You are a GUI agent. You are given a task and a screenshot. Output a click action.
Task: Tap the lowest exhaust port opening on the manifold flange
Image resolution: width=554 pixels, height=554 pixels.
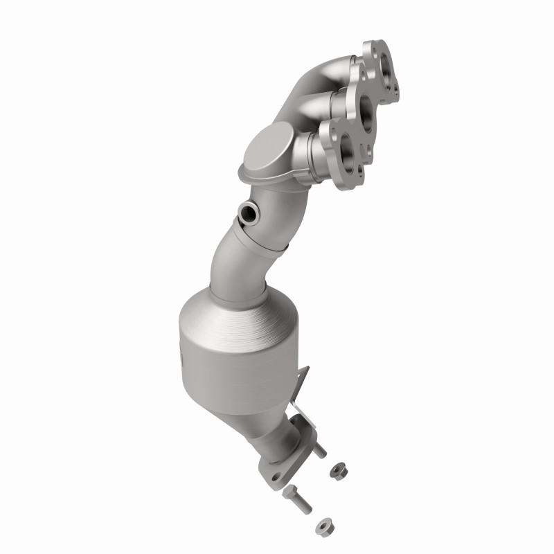pos(347,147)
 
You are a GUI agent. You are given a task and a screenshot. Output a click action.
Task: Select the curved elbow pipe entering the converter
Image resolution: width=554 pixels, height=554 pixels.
pos(239,263)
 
